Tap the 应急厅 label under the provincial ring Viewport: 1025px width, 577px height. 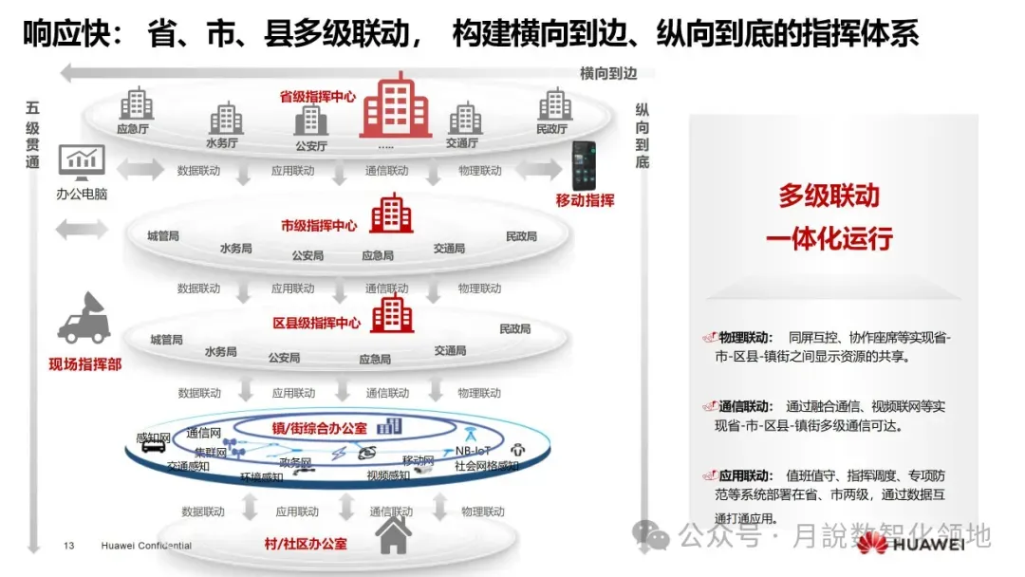tap(134, 129)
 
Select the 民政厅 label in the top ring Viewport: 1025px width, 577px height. tap(551, 129)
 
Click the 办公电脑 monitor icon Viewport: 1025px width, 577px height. tap(82, 162)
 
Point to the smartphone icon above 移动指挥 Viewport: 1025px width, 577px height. tap(583, 165)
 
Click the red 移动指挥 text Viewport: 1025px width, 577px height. tap(585, 200)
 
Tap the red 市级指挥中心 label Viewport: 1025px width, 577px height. tap(319, 226)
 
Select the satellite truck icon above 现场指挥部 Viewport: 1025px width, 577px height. tap(84, 319)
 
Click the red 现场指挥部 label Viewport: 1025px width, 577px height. tap(85, 363)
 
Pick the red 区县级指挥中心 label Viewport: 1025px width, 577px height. tap(316, 323)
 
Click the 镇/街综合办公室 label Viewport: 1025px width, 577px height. tap(319, 428)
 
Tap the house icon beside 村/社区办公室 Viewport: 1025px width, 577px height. tap(393, 536)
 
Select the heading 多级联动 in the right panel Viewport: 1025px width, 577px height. tap(829, 196)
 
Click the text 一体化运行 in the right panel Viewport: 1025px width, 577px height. tap(829, 238)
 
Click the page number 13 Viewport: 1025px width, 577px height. tap(68, 546)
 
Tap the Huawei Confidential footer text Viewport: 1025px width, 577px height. tap(146, 546)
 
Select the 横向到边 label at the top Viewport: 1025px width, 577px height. tap(608, 73)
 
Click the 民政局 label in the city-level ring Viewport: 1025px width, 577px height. tap(521, 236)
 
